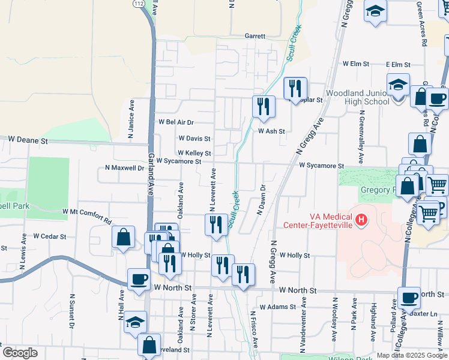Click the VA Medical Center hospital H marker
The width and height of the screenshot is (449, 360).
tap(361, 220)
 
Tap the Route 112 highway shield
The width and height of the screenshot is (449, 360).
tap(139, 4)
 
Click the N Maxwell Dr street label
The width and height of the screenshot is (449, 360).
tap(124, 168)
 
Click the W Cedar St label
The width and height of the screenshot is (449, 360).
tap(49, 236)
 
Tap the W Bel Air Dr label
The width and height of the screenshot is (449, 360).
tap(176, 122)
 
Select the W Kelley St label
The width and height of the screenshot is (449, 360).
tap(193, 154)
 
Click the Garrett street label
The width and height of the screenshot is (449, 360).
tap(255, 36)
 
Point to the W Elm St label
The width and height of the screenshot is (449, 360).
tap(354, 64)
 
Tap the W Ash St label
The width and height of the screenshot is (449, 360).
tap(271, 131)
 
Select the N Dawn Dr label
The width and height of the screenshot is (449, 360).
tap(261, 200)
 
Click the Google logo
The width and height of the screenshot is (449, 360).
tap(20, 353)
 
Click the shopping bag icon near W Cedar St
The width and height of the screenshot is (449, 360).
tap(123, 237)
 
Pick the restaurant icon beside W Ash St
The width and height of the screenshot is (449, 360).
tap(264, 107)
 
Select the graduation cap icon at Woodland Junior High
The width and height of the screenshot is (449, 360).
tap(398, 85)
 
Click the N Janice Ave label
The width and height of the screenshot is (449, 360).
tap(131, 119)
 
